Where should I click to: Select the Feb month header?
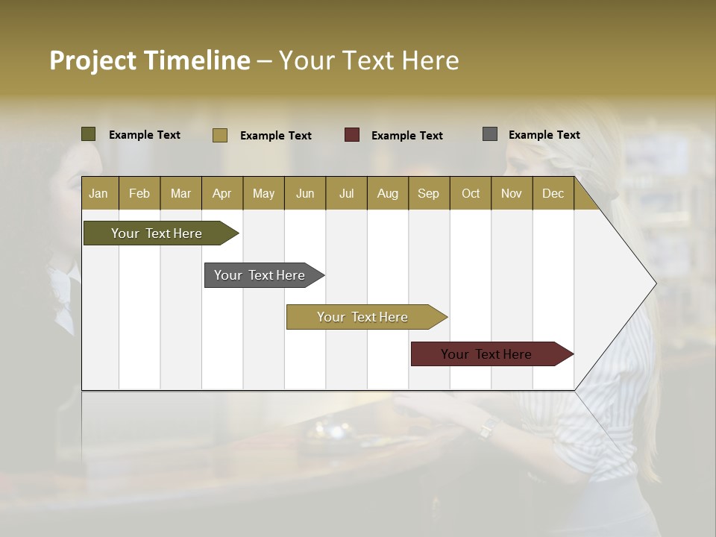click(139, 193)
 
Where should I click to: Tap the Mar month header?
click(180, 193)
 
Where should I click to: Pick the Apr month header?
click(222, 193)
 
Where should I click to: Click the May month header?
click(263, 193)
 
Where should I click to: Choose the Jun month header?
click(305, 193)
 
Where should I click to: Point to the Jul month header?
click(346, 193)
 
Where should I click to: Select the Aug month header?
click(387, 193)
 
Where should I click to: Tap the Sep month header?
click(429, 193)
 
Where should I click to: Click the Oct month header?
click(470, 193)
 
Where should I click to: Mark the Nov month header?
click(512, 193)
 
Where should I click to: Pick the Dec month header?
click(553, 193)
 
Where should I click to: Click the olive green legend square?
click(89, 134)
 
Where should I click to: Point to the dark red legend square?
click(352, 135)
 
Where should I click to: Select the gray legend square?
click(490, 134)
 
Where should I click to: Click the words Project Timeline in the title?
click(149, 60)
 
